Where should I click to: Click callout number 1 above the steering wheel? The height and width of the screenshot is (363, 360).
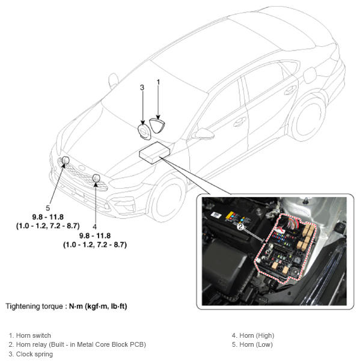[158, 82]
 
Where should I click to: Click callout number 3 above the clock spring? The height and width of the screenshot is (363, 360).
[142, 88]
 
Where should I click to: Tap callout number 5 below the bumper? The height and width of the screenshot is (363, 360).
[48, 208]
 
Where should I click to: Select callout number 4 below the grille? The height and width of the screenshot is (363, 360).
[94, 227]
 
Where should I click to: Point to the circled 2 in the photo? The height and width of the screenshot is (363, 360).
[241, 227]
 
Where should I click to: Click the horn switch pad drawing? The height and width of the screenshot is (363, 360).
[157, 126]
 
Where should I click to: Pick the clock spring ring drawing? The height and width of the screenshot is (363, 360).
[144, 132]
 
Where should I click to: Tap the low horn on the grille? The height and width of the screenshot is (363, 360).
[66, 160]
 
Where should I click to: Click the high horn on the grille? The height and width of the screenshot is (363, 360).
[96, 178]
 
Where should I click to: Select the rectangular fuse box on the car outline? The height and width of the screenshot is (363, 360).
[154, 153]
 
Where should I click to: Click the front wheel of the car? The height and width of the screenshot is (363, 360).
[166, 200]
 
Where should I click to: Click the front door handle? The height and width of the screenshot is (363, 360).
[239, 121]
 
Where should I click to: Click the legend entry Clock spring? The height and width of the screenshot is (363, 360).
[31, 354]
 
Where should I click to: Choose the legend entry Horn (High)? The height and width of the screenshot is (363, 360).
[253, 335]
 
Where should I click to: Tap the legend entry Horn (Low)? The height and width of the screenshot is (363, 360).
[252, 345]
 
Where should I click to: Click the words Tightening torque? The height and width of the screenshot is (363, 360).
[34, 307]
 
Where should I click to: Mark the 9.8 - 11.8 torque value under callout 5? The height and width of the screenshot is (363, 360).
[48, 217]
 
